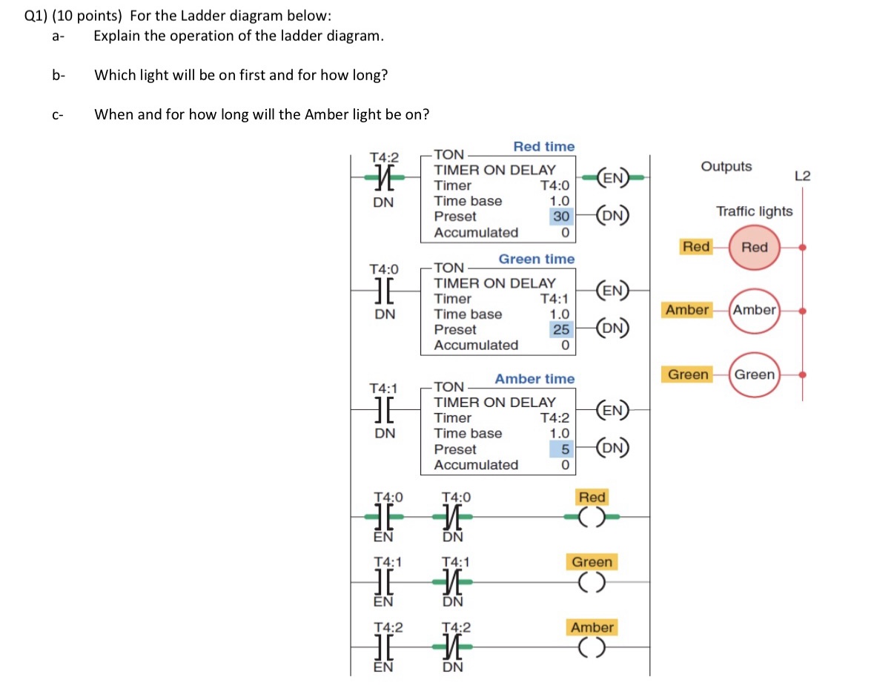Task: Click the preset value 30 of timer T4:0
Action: pos(562,217)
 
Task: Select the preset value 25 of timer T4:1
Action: pos(562,329)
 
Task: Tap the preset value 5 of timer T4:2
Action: pos(564,449)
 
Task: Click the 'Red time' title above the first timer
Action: pos(543,147)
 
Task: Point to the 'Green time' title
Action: pos(536,259)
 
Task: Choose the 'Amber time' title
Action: pos(534,379)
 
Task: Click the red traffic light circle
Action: pos(755,248)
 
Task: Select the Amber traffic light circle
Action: pos(755,311)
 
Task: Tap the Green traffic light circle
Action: pos(755,375)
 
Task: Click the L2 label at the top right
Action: pos(802,176)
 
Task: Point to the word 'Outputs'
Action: pos(726,167)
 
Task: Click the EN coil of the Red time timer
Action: pos(613,178)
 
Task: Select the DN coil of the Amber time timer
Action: pos(613,448)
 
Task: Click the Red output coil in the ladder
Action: pos(592,517)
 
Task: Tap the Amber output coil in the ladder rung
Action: pos(592,647)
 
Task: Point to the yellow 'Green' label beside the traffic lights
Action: pos(688,375)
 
